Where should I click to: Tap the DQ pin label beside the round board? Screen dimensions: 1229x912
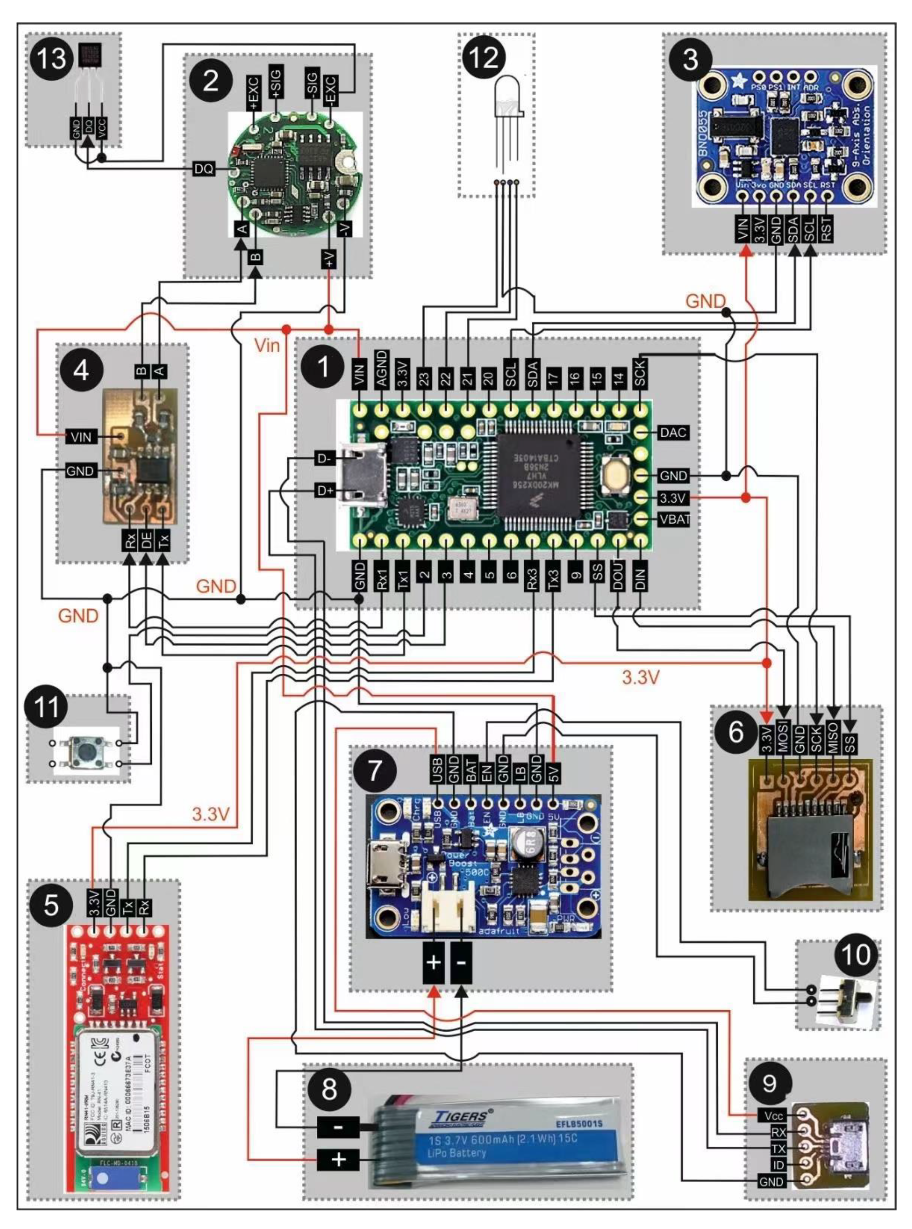[204, 169]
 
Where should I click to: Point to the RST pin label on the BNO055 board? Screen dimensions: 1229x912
[826, 228]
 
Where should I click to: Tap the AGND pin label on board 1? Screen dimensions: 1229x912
[381, 368]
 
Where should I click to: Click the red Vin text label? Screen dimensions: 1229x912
[267, 346]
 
